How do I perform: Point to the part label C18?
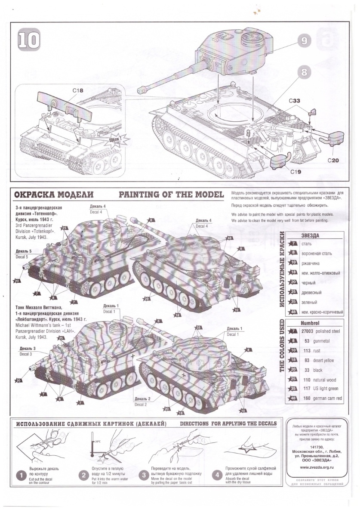pyautogui.click(x=78, y=90)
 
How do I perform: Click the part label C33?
pyautogui.click(x=294, y=100)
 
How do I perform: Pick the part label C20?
pyautogui.click(x=333, y=161)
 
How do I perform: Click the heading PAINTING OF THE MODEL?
pyautogui.click(x=171, y=194)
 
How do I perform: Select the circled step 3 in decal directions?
pyautogui.click(x=145, y=475)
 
